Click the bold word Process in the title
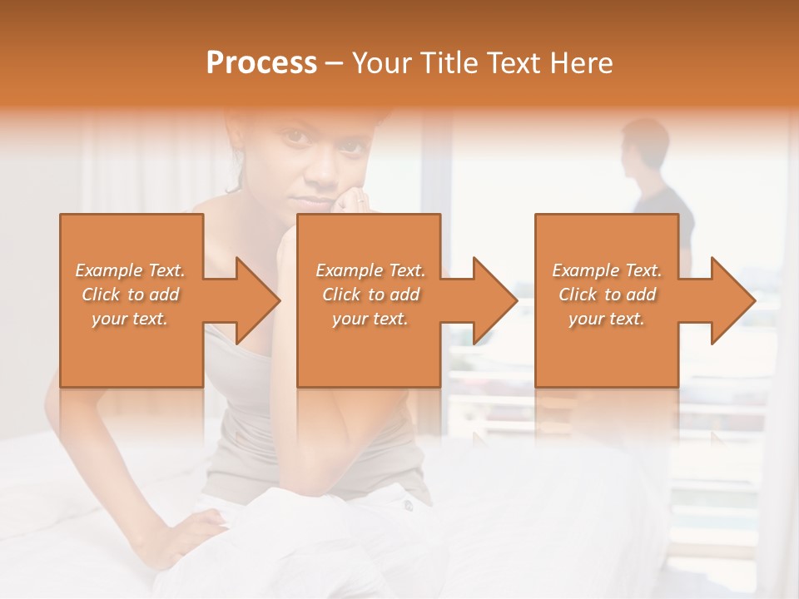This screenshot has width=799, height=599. pos(261,63)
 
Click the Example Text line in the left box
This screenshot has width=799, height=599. pos(130,270)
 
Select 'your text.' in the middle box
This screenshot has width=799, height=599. pos(370,319)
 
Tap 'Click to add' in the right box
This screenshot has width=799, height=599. pos(607,295)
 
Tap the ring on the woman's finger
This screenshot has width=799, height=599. pos(360,200)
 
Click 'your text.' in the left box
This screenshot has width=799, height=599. pos(130,319)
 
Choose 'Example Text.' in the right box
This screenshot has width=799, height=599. pos(607,270)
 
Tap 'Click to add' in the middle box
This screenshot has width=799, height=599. pos(370,295)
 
